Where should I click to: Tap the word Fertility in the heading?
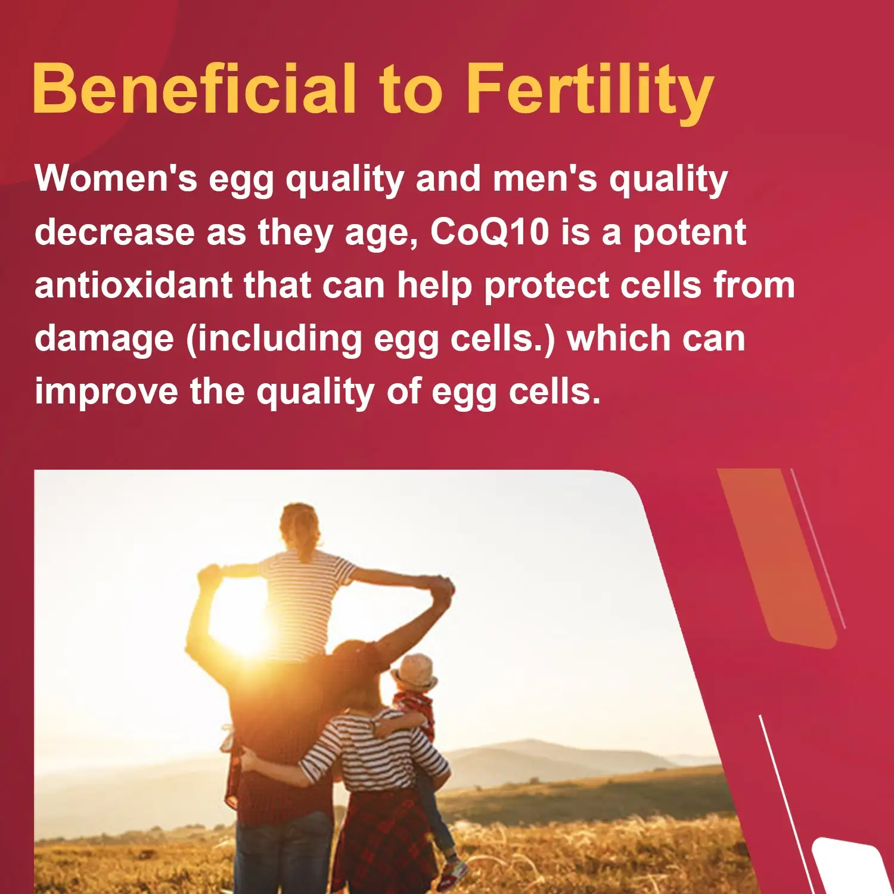tap(589, 92)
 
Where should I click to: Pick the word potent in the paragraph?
tap(689, 233)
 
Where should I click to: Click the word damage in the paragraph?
tap(104, 340)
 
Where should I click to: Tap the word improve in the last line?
tap(106, 393)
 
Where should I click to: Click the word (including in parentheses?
tap(274, 340)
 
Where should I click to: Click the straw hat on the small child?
tap(413, 672)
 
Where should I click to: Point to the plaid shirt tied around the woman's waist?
tap(381, 840)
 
